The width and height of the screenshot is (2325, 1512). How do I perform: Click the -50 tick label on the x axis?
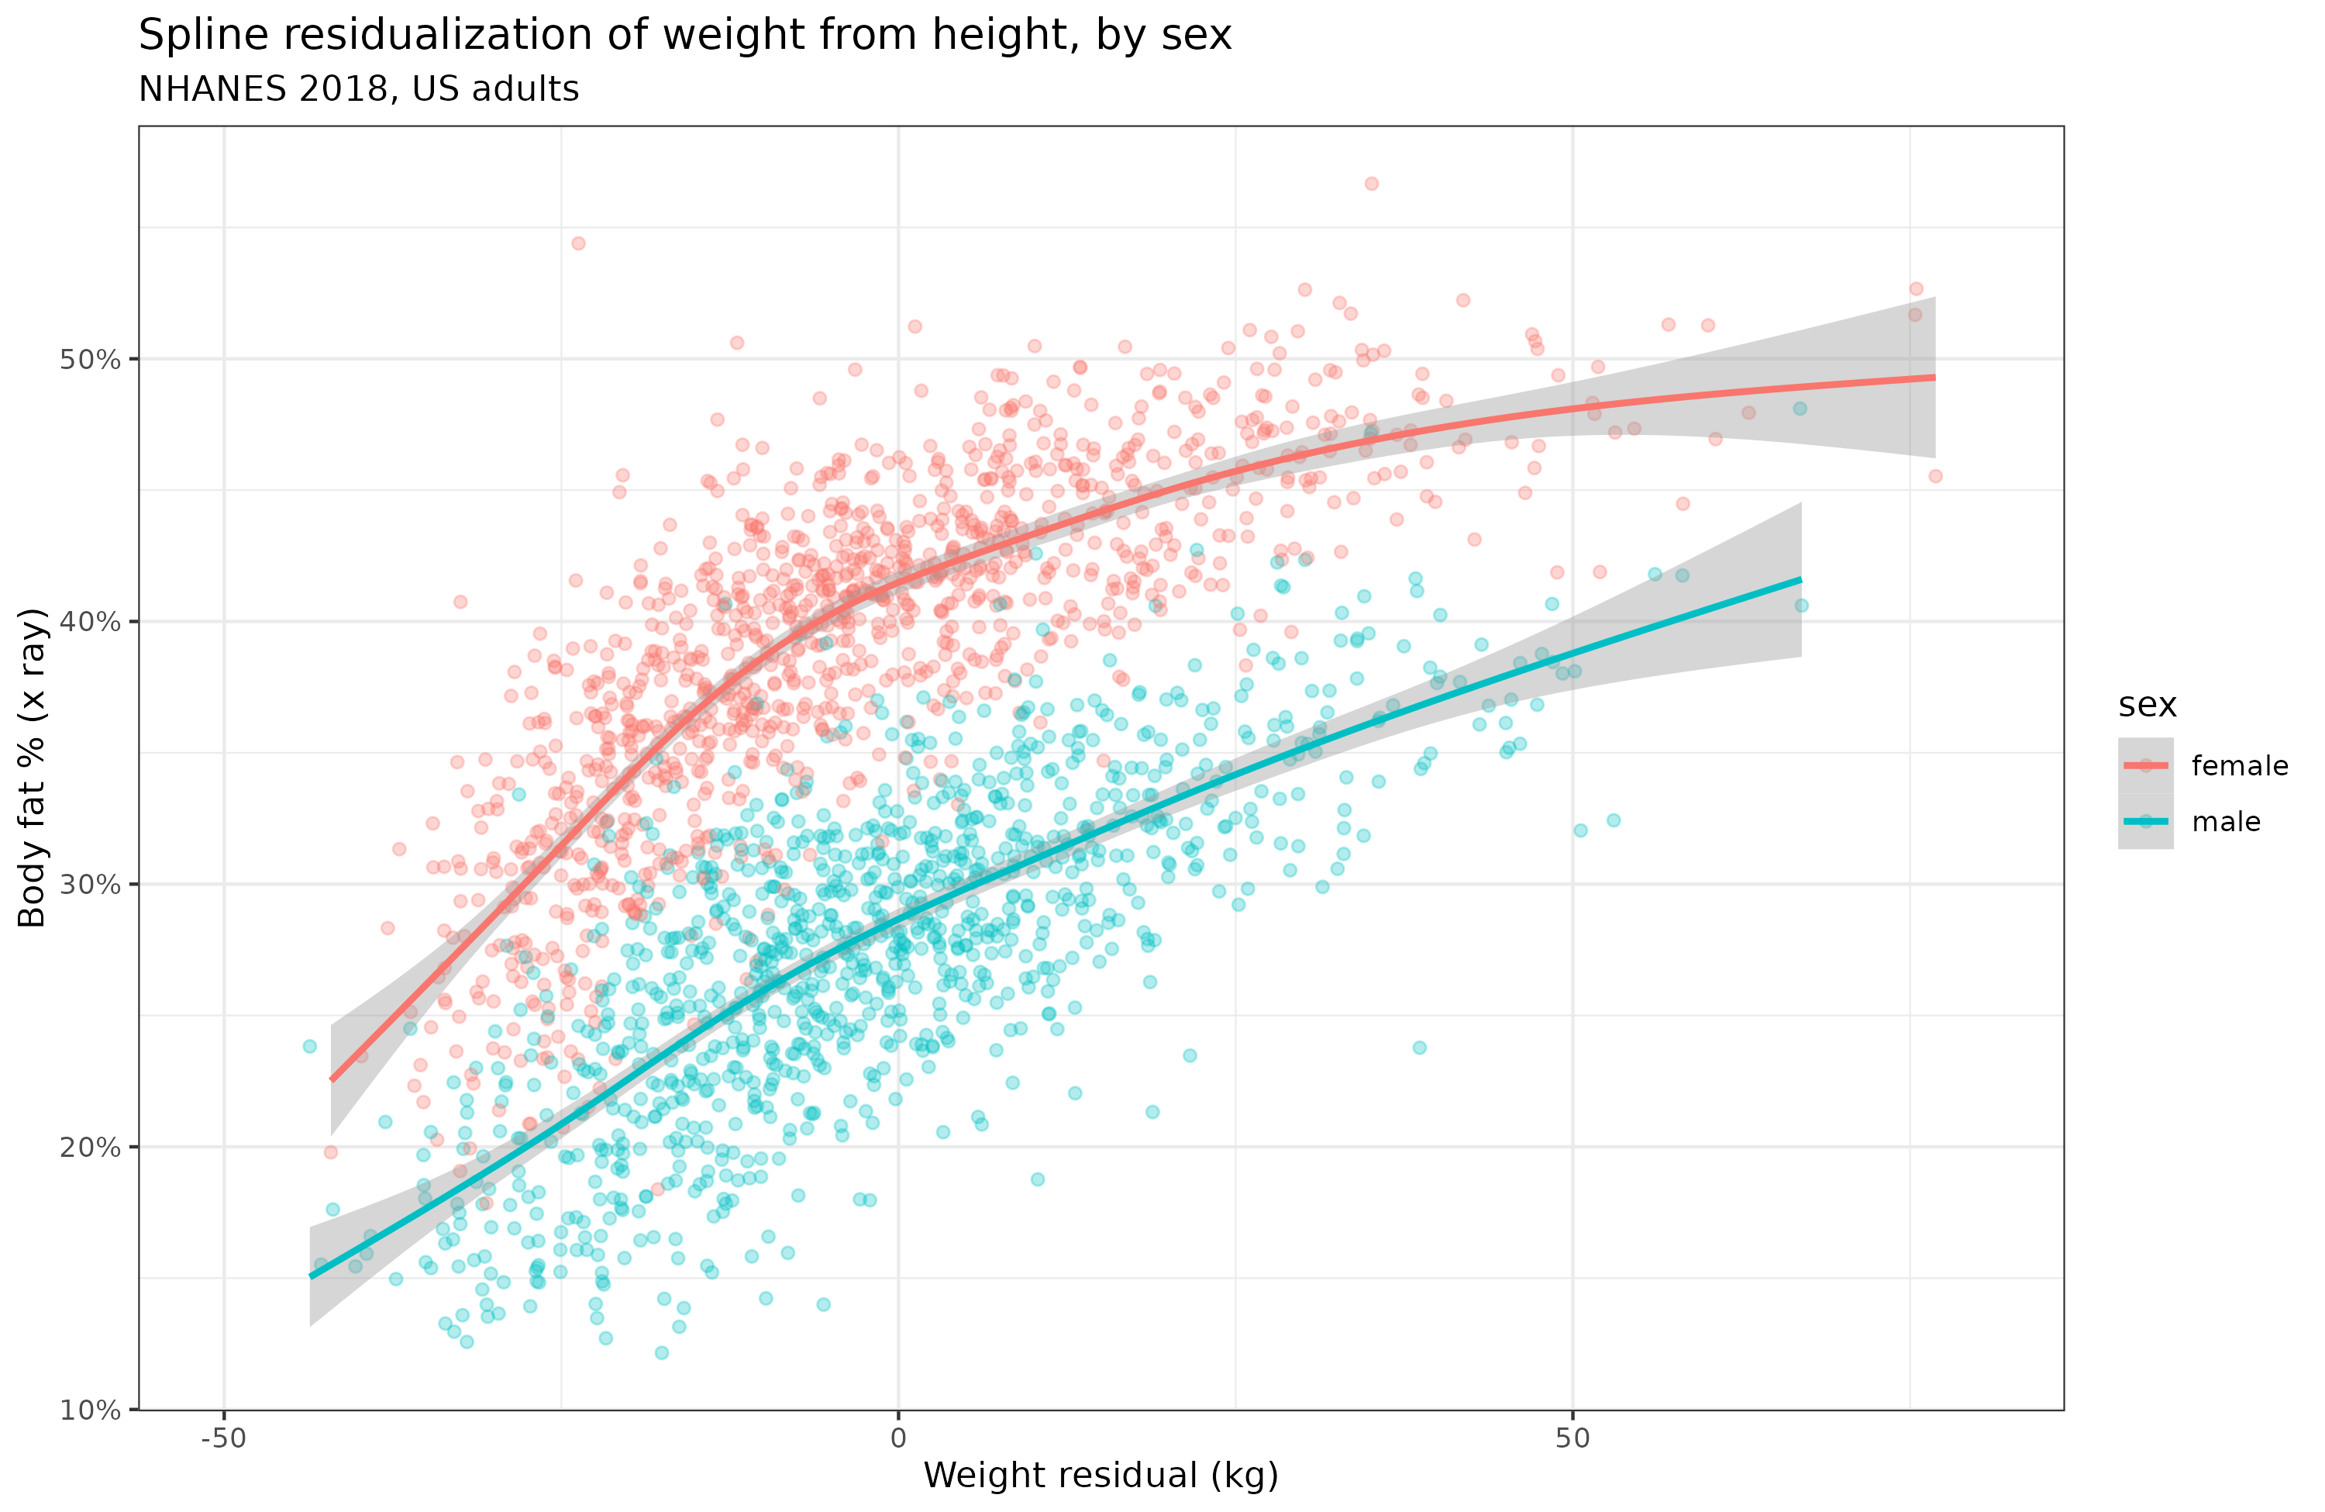click(x=224, y=1438)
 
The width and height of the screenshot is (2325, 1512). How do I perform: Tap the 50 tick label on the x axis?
click(x=1572, y=1438)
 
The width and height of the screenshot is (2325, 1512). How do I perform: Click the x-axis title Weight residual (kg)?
click(x=1101, y=1476)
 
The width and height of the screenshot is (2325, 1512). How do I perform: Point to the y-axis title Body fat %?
click(x=33, y=767)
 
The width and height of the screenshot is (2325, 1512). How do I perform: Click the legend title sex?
click(x=2148, y=705)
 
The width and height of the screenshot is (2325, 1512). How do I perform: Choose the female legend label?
click(x=2240, y=766)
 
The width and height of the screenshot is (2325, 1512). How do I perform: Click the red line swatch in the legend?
click(x=2145, y=765)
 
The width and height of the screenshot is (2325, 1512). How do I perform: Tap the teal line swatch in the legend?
click(x=2145, y=821)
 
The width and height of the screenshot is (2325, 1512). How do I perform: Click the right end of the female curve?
click(x=1934, y=378)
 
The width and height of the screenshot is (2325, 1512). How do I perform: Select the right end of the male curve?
click(x=1800, y=581)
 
